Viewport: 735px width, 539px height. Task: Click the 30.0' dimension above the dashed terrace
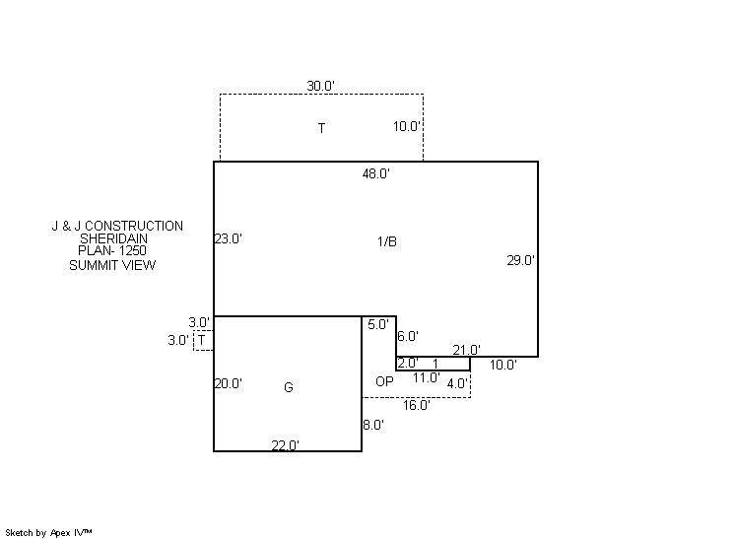point(320,87)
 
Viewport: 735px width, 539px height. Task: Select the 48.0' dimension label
point(376,173)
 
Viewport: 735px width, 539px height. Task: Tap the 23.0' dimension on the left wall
point(229,239)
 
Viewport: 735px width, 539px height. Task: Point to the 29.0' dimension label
point(520,260)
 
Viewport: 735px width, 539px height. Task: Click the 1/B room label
point(387,241)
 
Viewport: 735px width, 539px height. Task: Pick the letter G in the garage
point(289,387)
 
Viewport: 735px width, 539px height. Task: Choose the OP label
point(385,381)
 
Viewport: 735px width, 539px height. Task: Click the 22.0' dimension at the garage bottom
point(286,445)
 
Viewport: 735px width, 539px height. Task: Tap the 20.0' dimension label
point(229,384)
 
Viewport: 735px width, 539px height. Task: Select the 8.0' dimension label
point(373,425)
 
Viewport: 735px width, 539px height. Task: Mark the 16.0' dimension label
point(417,405)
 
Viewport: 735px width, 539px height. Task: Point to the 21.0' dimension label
point(466,350)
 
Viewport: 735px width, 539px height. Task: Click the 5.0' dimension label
point(378,325)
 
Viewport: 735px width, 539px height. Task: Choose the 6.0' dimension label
point(408,337)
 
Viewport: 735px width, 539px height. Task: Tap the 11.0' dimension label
point(426,377)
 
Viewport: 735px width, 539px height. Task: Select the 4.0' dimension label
point(458,384)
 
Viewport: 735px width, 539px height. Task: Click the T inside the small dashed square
point(202,340)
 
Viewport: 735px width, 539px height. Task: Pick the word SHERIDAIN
point(113,238)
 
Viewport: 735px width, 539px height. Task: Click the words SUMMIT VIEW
point(112,265)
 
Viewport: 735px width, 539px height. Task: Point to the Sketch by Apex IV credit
point(48,533)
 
